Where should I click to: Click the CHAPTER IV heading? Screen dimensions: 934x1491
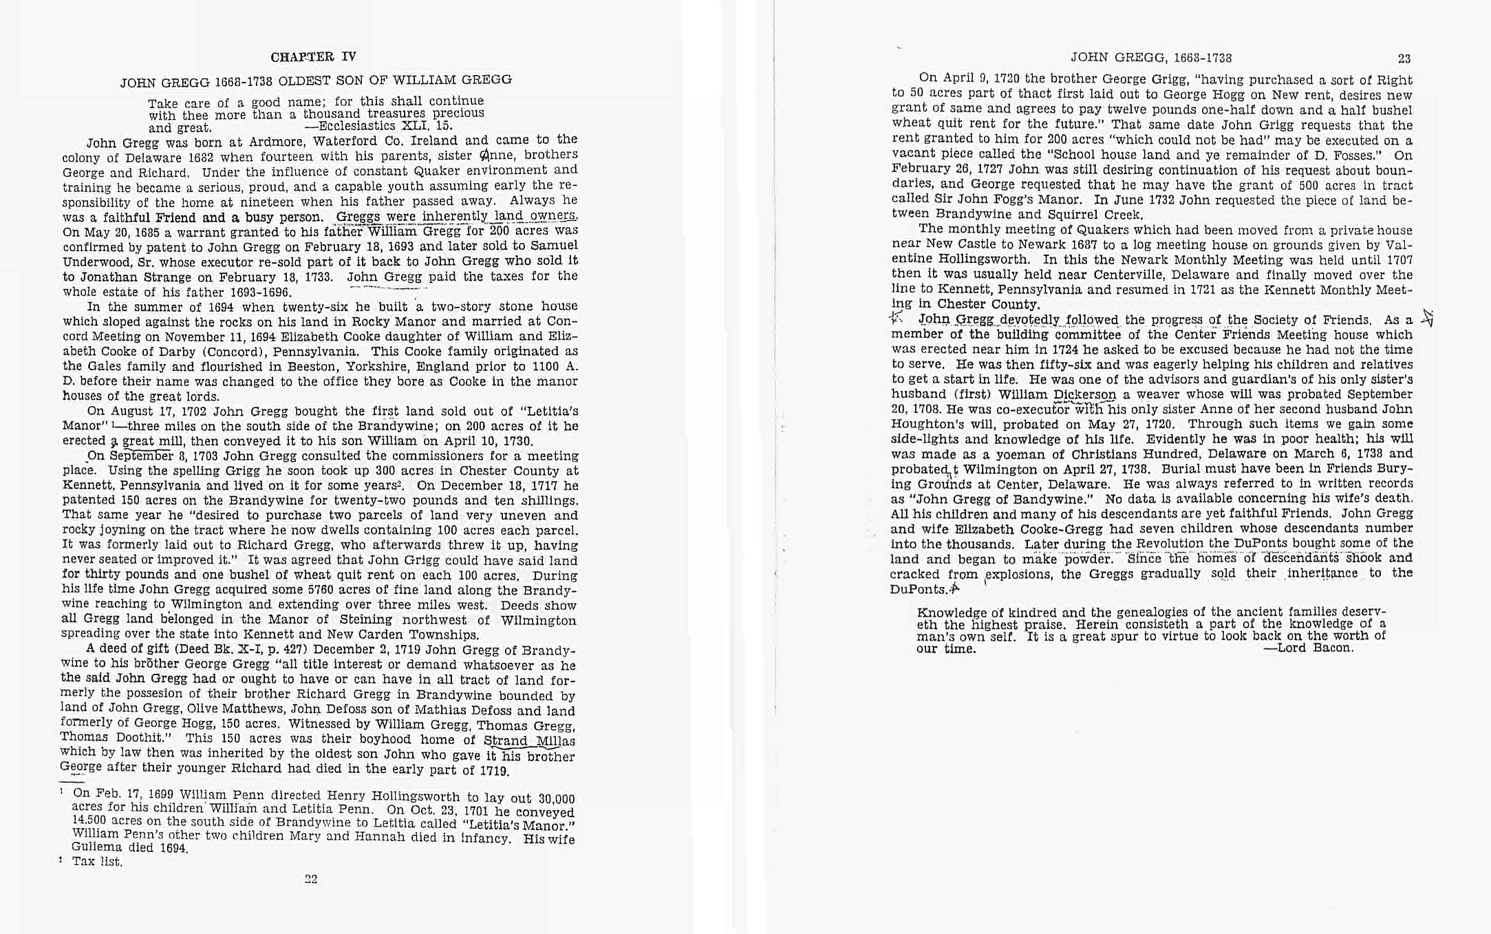click(313, 57)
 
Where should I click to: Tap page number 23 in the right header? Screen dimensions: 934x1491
click(1404, 59)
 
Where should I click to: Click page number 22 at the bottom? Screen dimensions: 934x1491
click(311, 879)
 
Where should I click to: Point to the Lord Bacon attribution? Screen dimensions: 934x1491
click(1313, 648)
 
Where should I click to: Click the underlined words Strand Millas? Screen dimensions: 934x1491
click(529, 741)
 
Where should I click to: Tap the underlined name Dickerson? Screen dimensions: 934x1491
click(1084, 394)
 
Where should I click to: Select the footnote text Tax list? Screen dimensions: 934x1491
click(97, 862)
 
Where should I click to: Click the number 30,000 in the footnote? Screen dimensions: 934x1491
click(556, 798)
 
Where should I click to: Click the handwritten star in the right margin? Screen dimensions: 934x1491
click(1427, 318)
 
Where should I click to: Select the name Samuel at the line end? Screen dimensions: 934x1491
click(553, 246)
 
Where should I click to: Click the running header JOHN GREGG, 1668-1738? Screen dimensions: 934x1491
click(1150, 59)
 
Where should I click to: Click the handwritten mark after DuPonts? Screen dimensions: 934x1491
click(954, 588)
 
